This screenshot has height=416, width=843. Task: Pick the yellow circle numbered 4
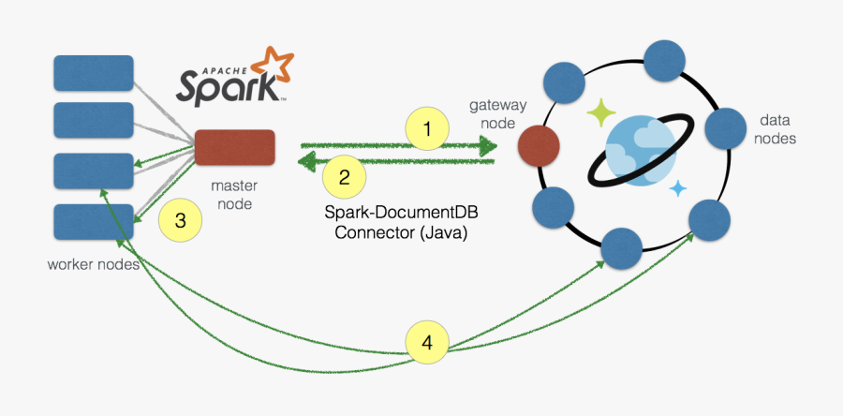(x=428, y=342)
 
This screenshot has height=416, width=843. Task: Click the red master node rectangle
(x=234, y=148)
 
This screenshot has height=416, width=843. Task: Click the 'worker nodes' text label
(x=94, y=264)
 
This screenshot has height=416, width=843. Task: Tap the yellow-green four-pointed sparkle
(x=600, y=113)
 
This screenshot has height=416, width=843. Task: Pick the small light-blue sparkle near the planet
(x=678, y=188)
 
